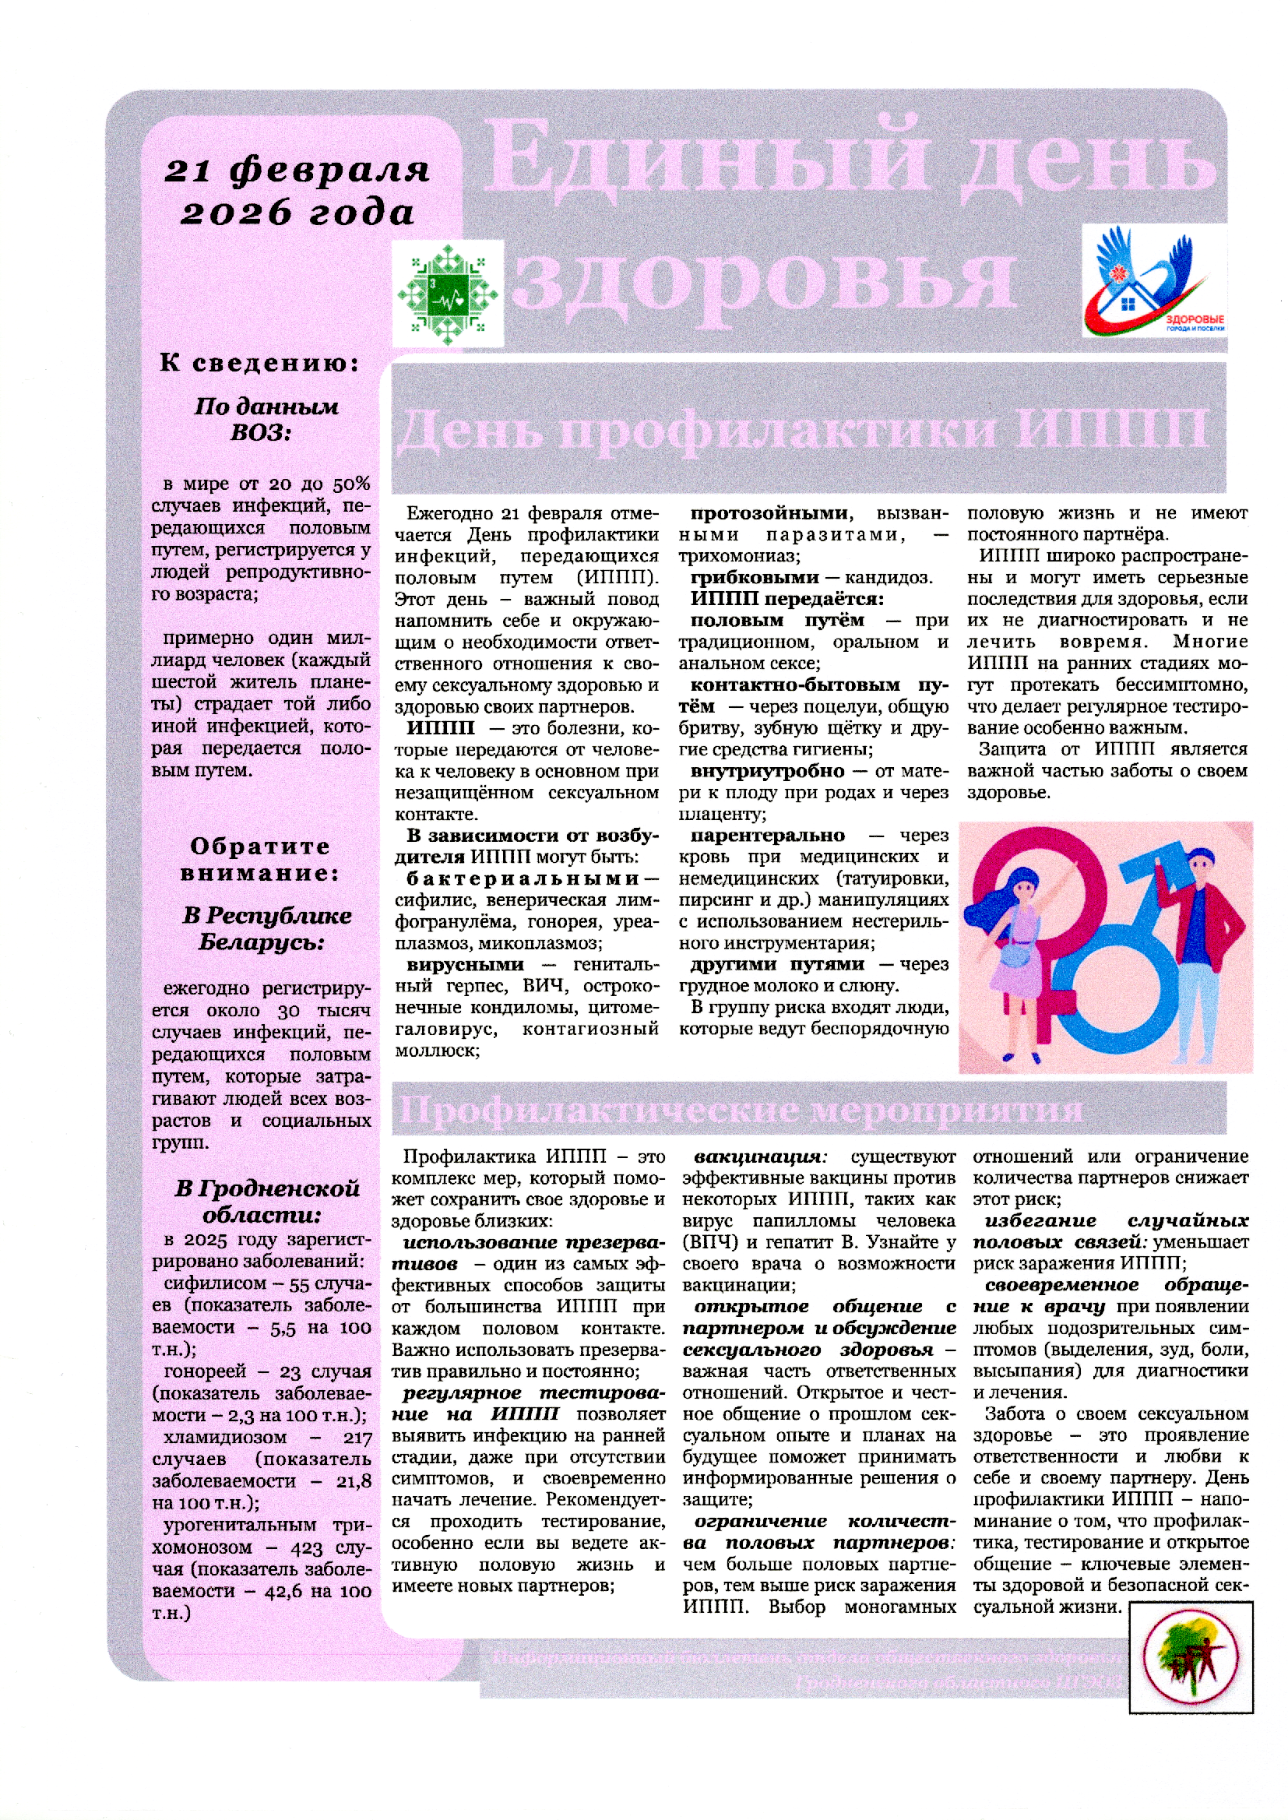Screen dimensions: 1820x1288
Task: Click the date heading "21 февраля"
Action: click(297, 170)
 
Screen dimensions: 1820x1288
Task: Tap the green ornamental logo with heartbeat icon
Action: click(447, 294)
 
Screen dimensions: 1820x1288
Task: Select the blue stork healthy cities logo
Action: click(1153, 280)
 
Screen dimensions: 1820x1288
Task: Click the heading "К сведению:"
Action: click(260, 363)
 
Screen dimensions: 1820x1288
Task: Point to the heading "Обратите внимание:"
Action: click(260, 860)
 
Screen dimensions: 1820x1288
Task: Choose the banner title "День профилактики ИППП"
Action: click(801, 430)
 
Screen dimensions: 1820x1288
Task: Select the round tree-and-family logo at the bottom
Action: click(1191, 1658)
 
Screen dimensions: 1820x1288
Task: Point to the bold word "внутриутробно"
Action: click(767, 771)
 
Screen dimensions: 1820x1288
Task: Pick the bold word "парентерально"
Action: click(767, 835)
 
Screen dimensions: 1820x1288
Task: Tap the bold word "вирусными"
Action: click(465, 964)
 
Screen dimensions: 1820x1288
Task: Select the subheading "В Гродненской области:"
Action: click(266, 1201)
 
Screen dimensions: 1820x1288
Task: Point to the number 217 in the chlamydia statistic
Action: click(357, 1438)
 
